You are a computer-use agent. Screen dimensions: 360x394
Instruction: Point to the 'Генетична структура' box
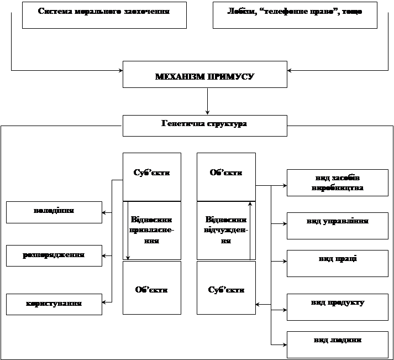204,125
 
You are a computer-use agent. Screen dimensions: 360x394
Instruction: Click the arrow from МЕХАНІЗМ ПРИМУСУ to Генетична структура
207,101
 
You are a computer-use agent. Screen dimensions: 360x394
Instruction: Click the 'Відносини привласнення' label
152,230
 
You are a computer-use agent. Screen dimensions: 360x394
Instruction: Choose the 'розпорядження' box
54,256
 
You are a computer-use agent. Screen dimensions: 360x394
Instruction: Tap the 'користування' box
54,304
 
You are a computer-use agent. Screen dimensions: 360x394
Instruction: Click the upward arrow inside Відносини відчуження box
250,230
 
